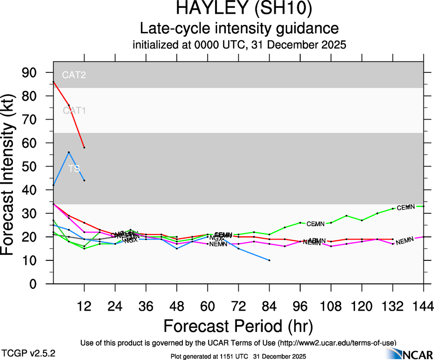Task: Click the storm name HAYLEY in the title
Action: coord(210,9)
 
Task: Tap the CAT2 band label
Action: coord(74,75)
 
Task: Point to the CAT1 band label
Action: coord(74,110)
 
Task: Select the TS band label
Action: coord(74,168)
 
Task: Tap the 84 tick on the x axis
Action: coord(269,306)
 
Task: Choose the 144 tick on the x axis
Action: coord(424,306)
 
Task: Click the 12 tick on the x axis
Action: coord(84,306)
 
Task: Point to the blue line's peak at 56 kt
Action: coord(69,152)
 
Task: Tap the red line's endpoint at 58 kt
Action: coord(84,147)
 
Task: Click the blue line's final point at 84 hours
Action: coord(269,260)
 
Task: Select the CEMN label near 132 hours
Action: coord(406,208)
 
